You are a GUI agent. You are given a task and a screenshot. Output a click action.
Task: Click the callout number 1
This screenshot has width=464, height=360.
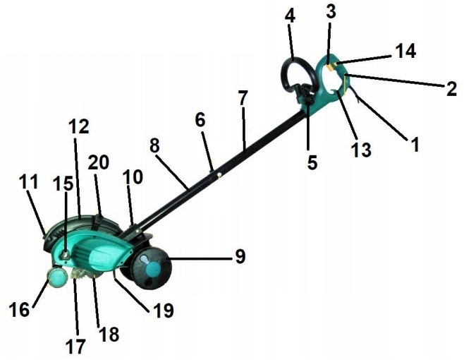pos(415,144)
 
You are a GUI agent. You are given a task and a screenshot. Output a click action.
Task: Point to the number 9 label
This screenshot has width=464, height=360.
pos(240,256)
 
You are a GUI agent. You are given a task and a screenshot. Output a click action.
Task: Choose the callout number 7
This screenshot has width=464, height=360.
pos(243,100)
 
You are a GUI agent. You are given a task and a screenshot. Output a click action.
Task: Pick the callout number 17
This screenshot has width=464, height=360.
pos(75,346)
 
